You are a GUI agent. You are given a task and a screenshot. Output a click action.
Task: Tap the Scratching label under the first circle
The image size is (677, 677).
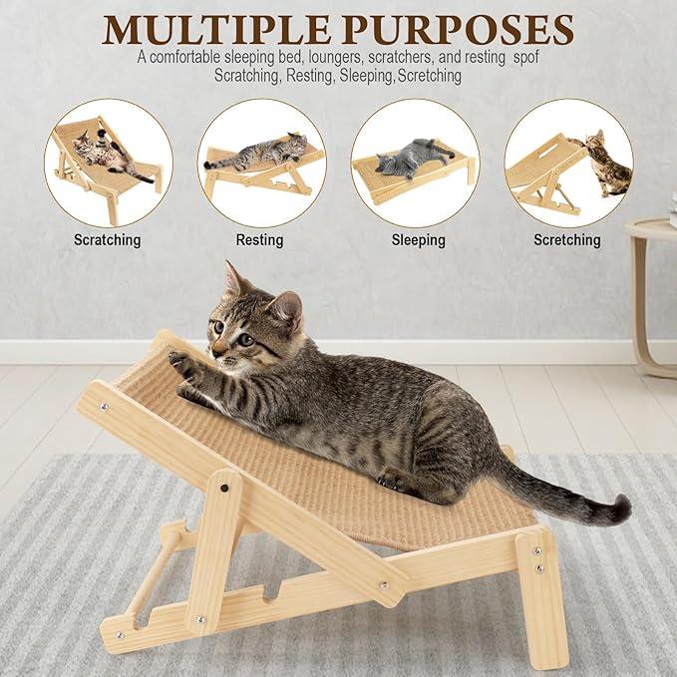pyautogui.click(x=108, y=239)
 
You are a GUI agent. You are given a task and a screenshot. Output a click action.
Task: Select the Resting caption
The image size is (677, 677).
pyautogui.click(x=259, y=239)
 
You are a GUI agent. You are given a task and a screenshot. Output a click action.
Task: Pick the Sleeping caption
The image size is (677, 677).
pyautogui.click(x=413, y=239)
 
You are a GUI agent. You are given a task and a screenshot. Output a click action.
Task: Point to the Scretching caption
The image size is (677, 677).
pyautogui.click(x=566, y=239)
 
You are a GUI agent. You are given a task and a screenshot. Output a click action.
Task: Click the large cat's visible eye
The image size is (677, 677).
pyautogui.click(x=244, y=340)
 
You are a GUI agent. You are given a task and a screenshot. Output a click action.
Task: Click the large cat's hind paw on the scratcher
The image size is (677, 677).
pyautogui.click(x=394, y=481)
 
